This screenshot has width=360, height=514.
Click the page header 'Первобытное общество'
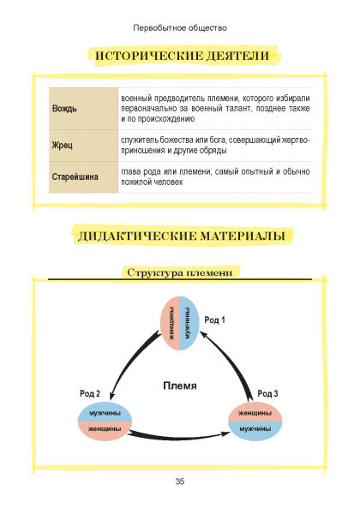(x=180, y=28)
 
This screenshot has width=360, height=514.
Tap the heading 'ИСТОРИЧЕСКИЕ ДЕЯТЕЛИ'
(x=182, y=56)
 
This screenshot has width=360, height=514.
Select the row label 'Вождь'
(x=64, y=109)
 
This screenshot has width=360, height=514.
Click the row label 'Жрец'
(x=62, y=145)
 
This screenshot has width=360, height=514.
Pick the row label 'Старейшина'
(x=75, y=177)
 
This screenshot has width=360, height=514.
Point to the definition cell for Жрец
(x=215, y=146)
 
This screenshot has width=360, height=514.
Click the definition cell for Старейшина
(x=215, y=177)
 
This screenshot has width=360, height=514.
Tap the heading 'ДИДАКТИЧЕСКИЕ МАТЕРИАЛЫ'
(x=182, y=236)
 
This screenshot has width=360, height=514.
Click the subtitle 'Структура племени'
(x=180, y=272)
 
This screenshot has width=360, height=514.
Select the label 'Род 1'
(x=215, y=320)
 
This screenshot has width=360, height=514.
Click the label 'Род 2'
(x=90, y=393)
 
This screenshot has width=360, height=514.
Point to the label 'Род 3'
(x=267, y=393)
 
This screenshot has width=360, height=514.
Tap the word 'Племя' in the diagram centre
(x=180, y=385)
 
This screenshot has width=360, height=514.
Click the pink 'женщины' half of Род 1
(x=171, y=323)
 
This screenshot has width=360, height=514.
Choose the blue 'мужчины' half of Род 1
(x=189, y=323)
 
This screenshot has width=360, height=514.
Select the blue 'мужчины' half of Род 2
(x=105, y=412)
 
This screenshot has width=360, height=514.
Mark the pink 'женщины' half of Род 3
(x=255, y=412)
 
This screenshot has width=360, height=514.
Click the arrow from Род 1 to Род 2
(x=128, y=361)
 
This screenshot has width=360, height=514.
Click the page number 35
(x=180, y=481)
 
